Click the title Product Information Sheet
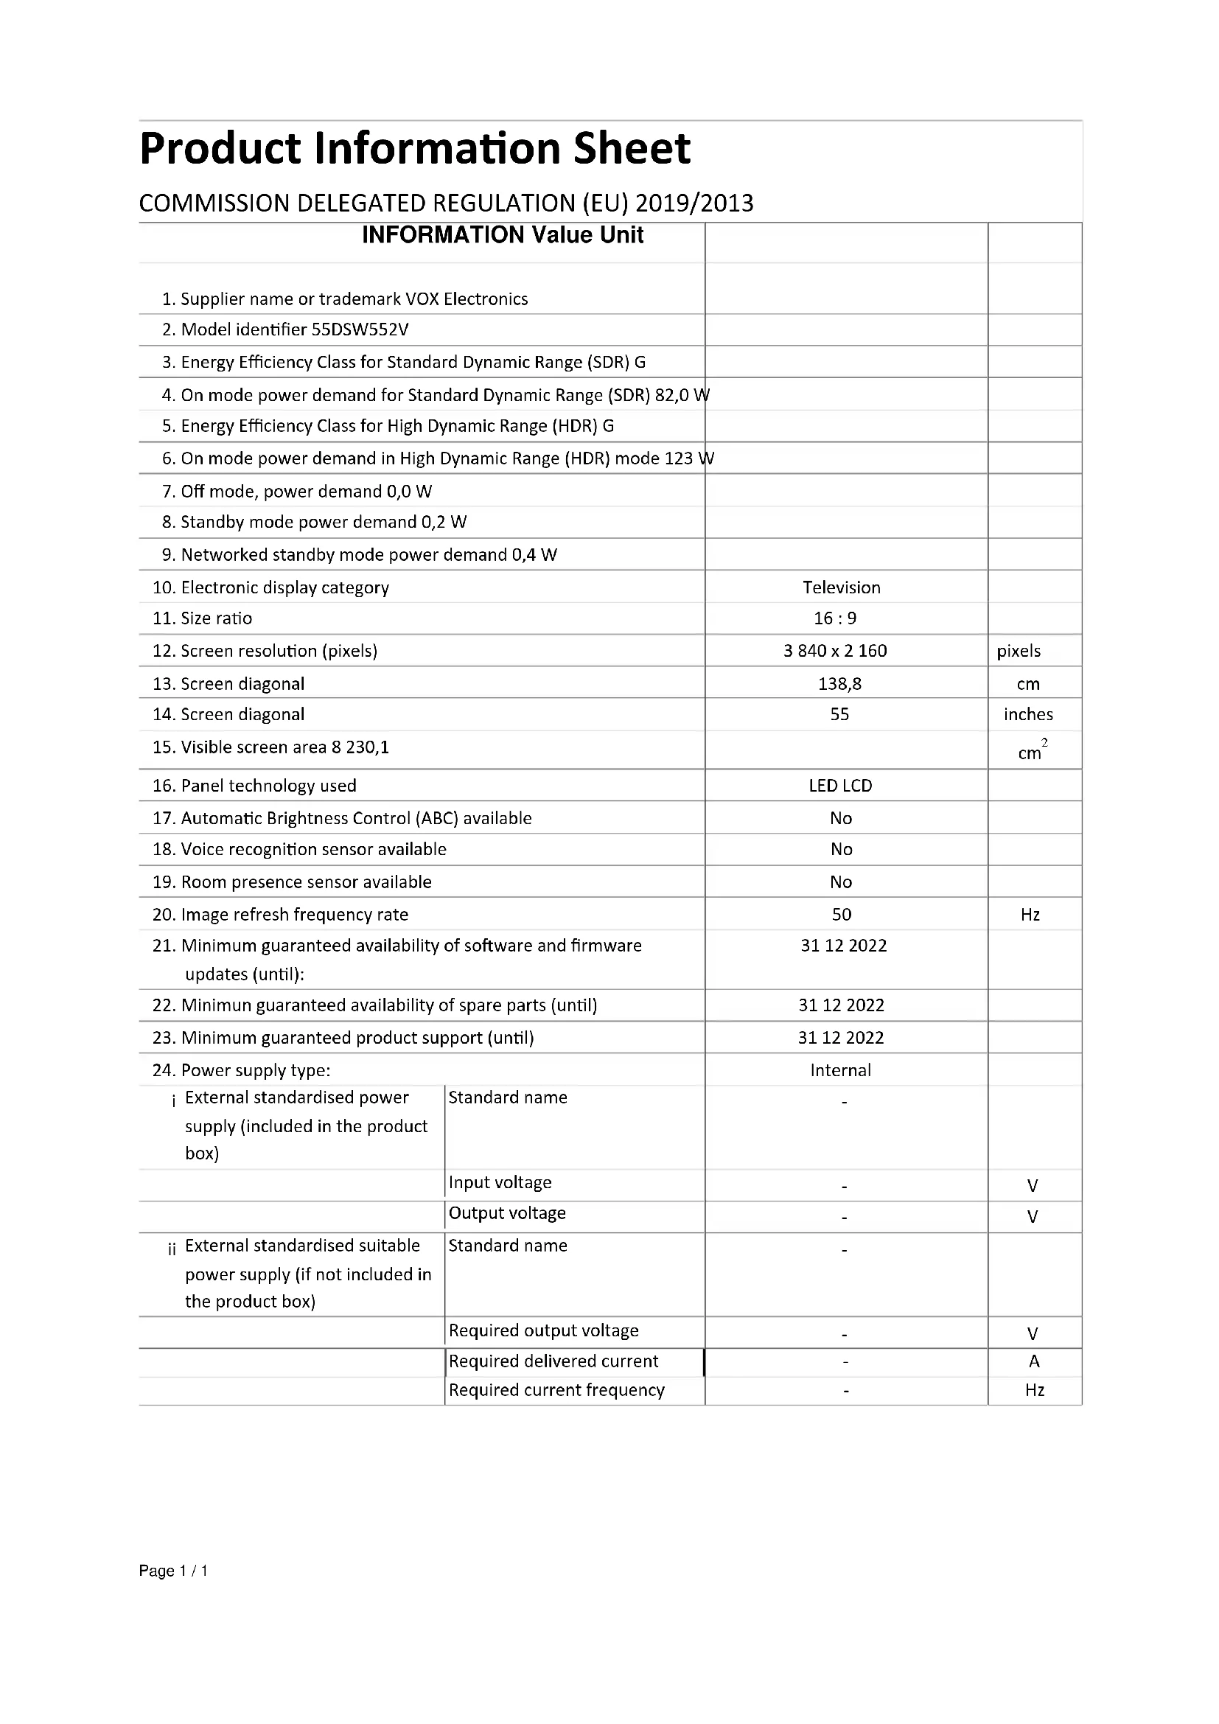(414, 149)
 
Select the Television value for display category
(841, 587)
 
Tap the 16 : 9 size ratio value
(835, 618)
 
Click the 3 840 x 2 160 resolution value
(835, 650)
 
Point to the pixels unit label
(1018, 651)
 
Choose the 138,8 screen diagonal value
(839, 683)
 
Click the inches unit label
(1027, 714)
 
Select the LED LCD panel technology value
(840, 786)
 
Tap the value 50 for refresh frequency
(841, 914)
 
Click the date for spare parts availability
(841, 1005)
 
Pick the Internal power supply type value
(840, 1070)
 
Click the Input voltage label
(500, 1182)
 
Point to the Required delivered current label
(553, 1361)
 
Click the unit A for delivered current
(1033, 1361)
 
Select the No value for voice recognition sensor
(841, 849)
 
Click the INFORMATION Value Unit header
(502, 235)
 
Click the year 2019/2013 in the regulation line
(694, 203)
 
